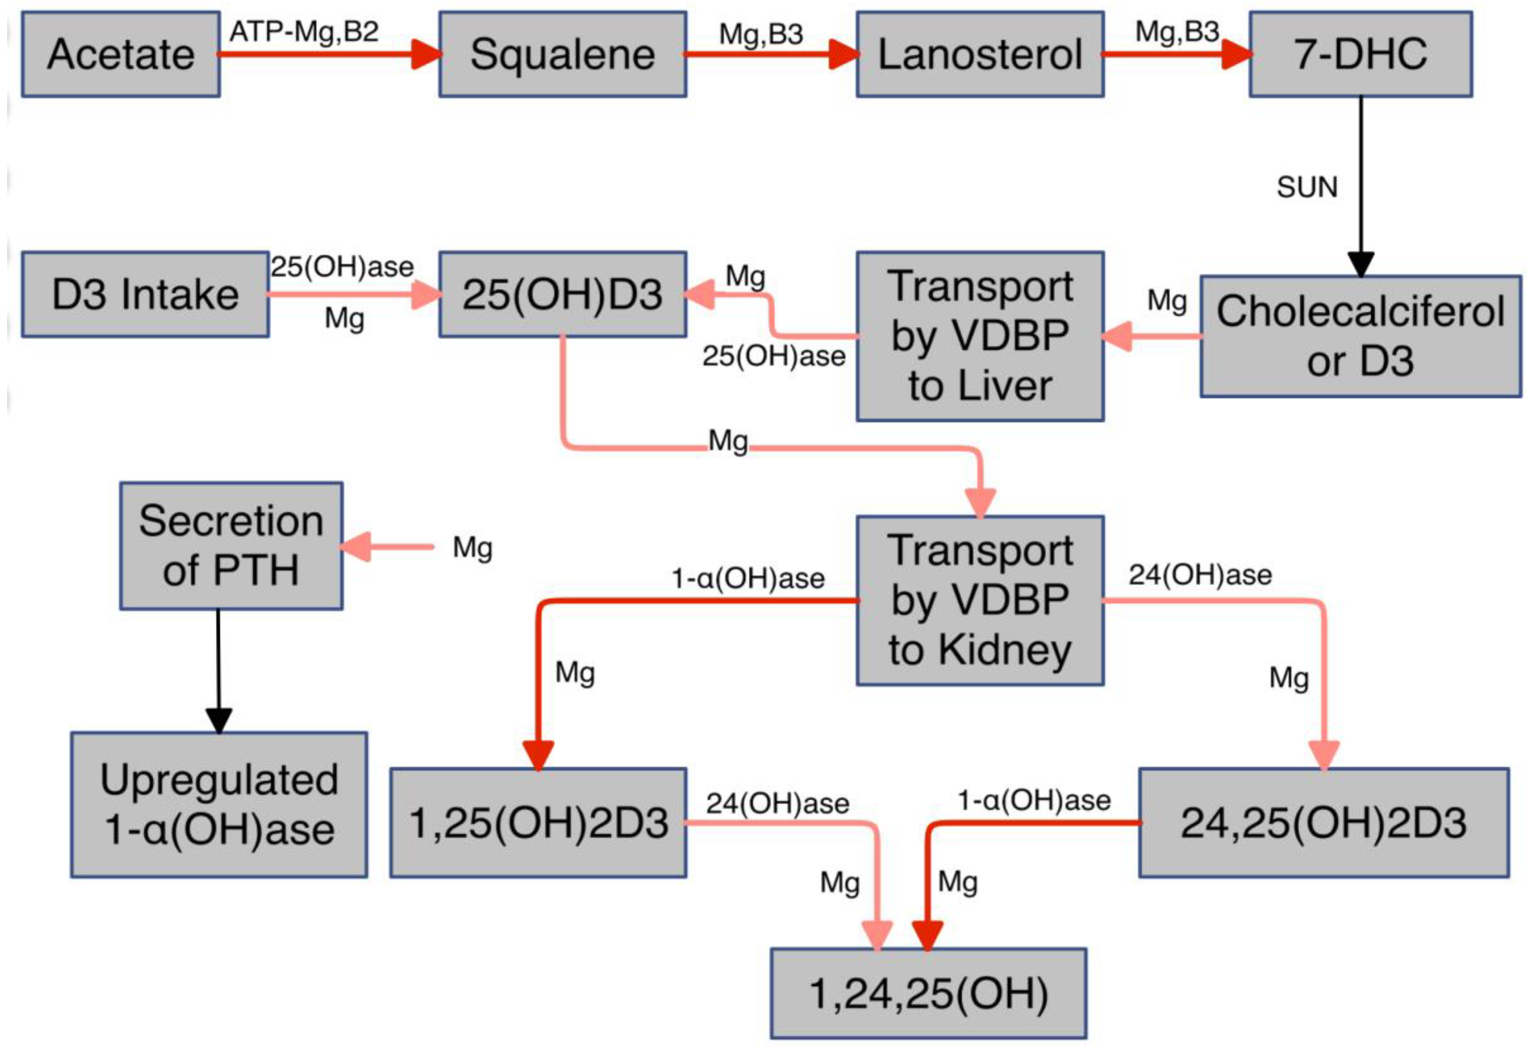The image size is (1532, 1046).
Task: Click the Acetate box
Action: [121, 54]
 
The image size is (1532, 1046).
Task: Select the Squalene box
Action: [562, 54]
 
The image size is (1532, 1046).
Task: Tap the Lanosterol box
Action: [980, 54]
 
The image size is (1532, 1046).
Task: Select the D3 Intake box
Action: [145, 294]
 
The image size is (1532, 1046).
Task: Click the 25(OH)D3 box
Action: [562, 294]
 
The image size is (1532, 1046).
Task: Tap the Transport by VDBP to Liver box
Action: [980, 336]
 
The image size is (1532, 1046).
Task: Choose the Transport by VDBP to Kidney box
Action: [980, 600]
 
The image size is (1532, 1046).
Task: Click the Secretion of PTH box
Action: [231, 545]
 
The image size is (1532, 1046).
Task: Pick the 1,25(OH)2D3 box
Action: [538, 822]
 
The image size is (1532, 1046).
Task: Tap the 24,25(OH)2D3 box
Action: [1324, 822]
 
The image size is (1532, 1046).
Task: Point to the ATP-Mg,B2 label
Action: [304, 31]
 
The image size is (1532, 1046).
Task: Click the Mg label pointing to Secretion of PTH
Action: [472, 547]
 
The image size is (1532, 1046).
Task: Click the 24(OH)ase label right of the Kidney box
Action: [1200, 575]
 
